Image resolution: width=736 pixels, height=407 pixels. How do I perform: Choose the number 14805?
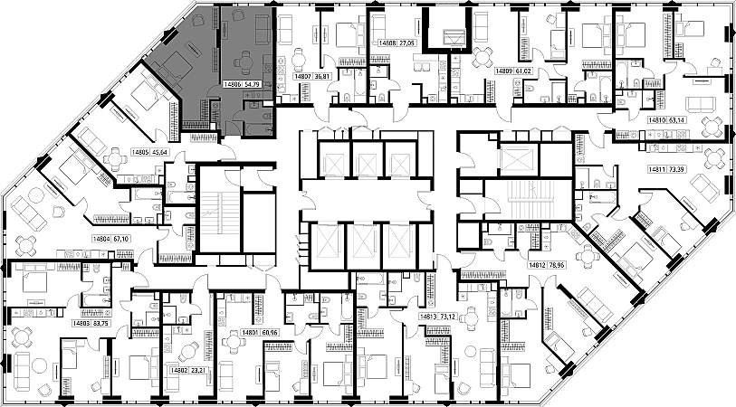pyautogui.click(x=139, y=152)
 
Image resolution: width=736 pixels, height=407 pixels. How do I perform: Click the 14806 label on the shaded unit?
pyautogui.click(x=231, y=84)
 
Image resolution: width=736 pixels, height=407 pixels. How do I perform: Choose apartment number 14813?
pyautogui.click(x=428, y=317)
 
